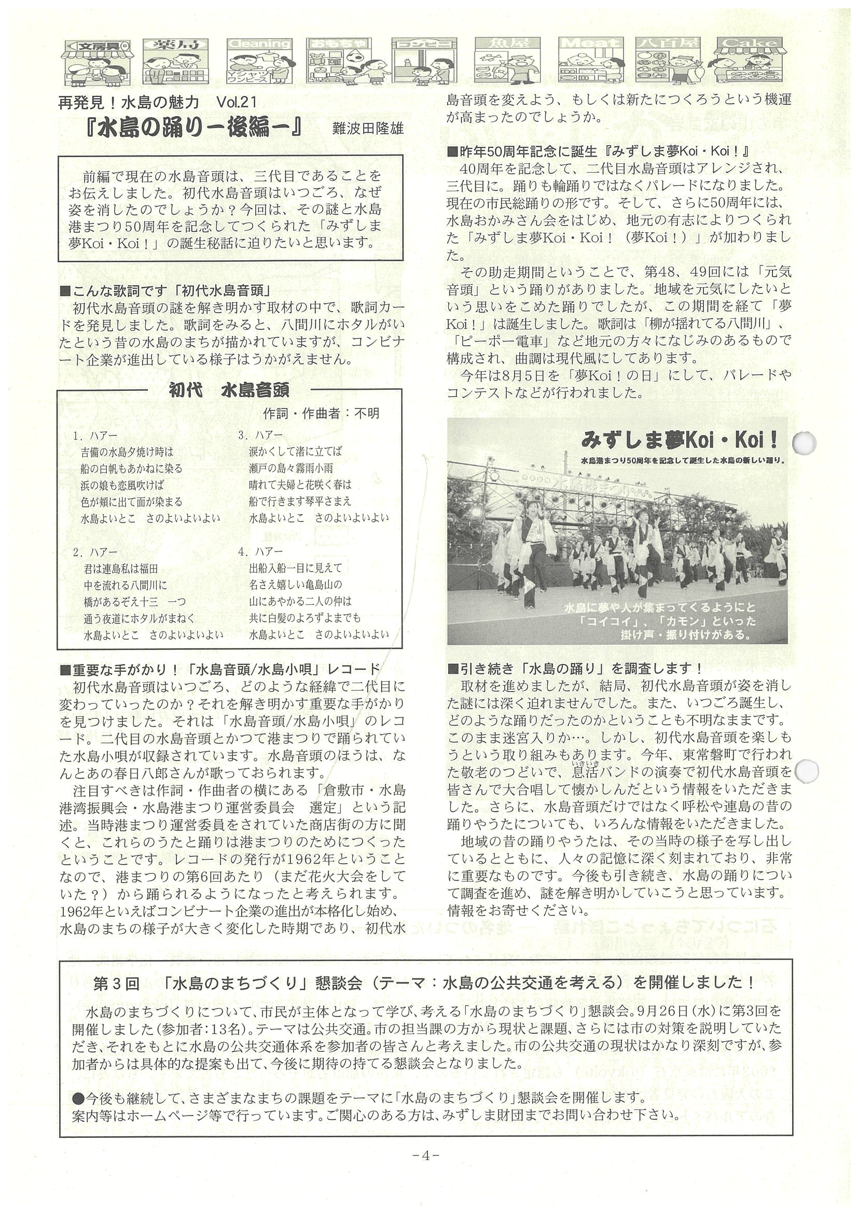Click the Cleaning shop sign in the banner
coord(259,44)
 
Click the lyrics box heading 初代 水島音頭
coord(229,390)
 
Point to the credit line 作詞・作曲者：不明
coord(321,413)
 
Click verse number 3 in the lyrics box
coord(243,435)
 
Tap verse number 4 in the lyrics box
coord(243,552)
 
